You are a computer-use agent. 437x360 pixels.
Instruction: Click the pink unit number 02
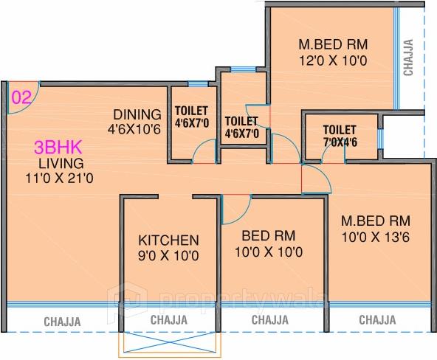point(21,96)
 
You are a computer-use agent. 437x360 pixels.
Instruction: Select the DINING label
point(137,114)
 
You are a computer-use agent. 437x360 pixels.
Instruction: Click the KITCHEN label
point(169,240)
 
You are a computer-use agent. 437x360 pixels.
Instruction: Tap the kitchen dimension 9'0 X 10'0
point(169,256)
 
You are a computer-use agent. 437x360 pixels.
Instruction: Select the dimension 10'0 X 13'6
point(374,237)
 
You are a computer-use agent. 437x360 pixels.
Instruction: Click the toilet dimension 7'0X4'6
point(340,143)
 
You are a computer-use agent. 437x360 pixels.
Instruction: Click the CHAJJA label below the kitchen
point(169,319)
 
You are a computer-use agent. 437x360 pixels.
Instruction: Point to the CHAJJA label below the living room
point(62,321)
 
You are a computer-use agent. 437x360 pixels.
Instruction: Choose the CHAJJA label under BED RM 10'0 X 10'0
point(270,319)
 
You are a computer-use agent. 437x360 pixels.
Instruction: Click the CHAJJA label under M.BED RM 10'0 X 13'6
point(376,319)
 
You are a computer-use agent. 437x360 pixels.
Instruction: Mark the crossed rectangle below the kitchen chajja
point(168,344)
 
